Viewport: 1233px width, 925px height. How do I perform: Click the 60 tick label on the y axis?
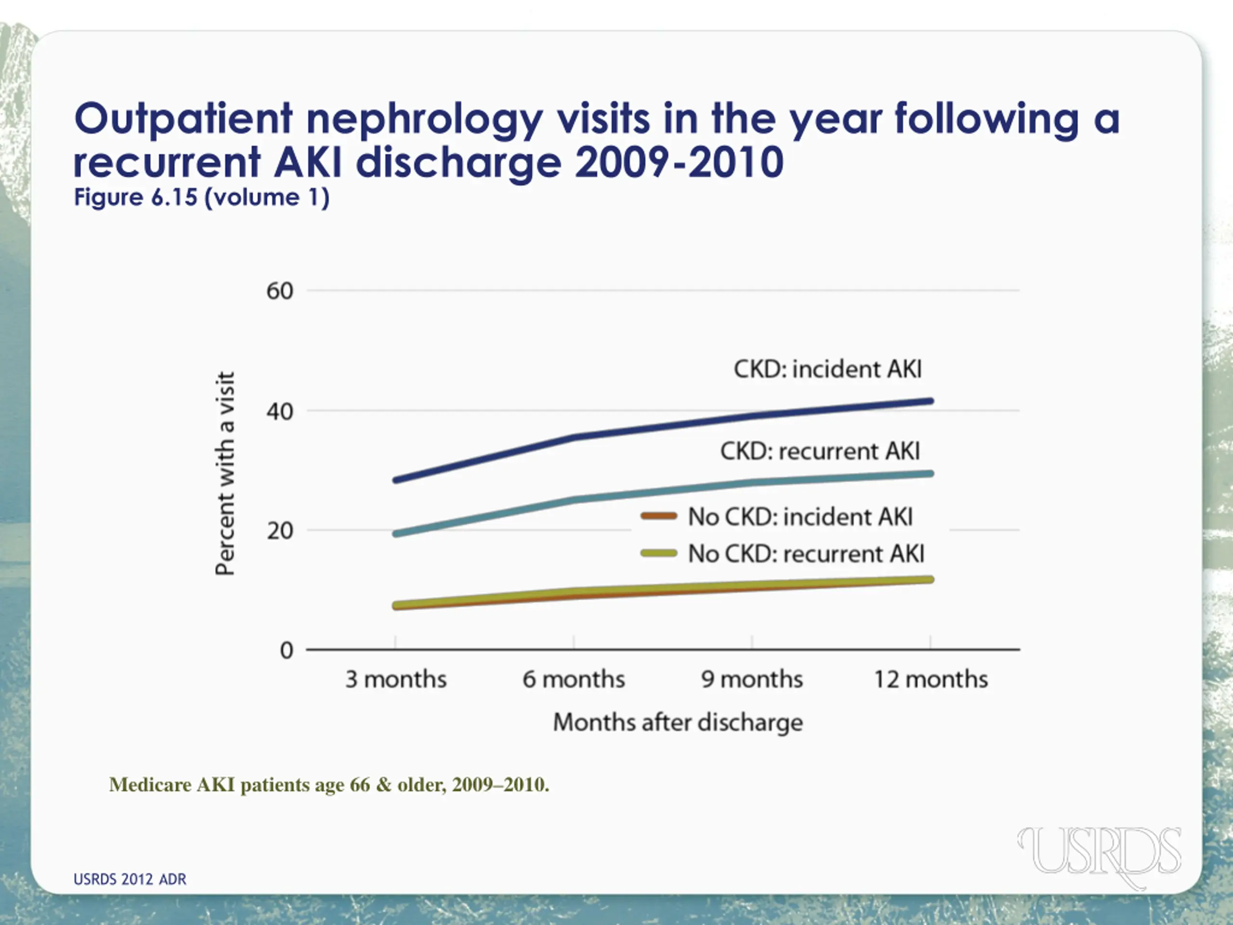(279, 291)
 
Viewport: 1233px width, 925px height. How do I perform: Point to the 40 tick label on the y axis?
(279, 412)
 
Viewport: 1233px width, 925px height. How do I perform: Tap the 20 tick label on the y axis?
(279, 531)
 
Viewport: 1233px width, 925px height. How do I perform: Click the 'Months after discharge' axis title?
(678, 723)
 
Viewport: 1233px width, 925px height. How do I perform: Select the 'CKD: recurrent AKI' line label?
(820, 451)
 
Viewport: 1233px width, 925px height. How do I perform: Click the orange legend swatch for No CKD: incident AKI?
(658, 516)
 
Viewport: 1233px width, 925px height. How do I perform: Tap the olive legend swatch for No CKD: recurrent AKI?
(658, 554)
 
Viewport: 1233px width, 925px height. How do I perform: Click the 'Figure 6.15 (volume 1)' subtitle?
(202, 198)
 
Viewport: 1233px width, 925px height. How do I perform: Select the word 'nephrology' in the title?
(424, 119)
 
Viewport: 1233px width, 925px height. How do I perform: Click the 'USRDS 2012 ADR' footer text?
(130, 879)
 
